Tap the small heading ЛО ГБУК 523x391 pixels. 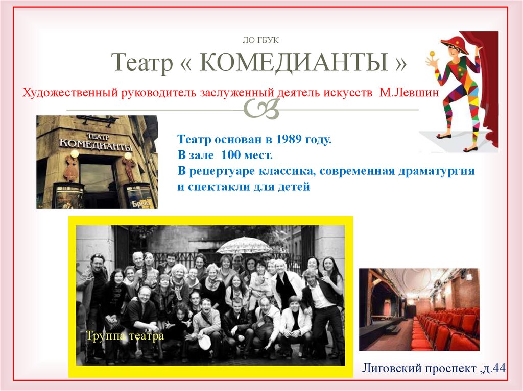point(260,40)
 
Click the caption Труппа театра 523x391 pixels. point(125,336)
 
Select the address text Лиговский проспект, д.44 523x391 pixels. point(433,367)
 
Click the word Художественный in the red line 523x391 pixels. point(69,93)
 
